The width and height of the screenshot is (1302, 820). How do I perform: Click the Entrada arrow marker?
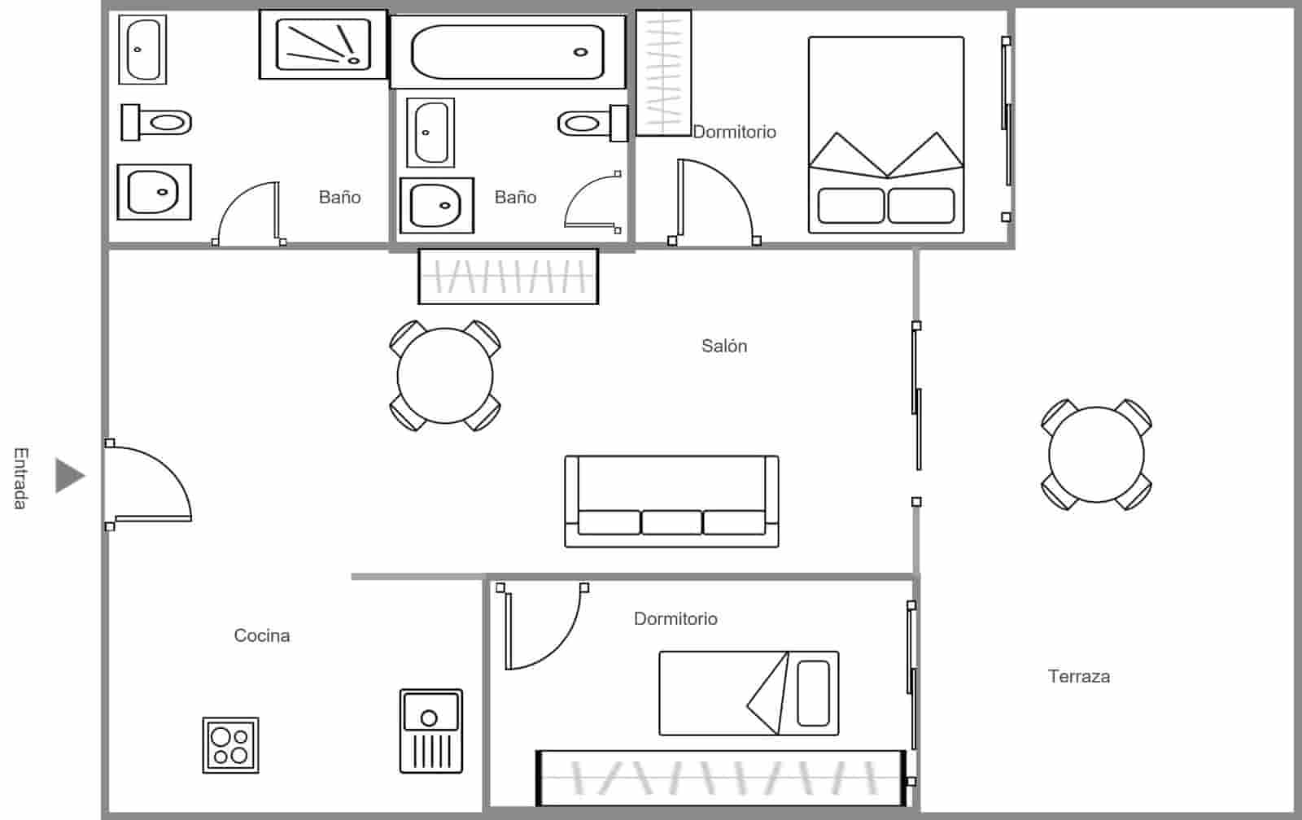click(69, 475)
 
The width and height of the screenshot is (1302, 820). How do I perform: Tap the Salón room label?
click(723, 346)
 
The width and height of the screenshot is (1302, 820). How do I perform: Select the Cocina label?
click(261, 635)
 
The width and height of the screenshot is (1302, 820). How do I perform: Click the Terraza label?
click(1078, 676)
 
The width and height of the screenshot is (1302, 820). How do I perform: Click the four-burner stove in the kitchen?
click(230, 745)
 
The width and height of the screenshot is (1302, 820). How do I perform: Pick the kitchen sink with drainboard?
click(430, 731)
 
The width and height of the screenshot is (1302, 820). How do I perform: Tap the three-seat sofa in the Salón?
click(671, 501)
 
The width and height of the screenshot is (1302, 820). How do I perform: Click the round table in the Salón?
click(445, 376)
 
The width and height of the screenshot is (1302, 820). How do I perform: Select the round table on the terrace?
click(1096, 455)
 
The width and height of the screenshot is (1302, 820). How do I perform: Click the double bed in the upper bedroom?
click(885, 135)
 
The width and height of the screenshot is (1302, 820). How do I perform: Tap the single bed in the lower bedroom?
click(748, 693)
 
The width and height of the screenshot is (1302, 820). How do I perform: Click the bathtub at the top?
click(508, 52)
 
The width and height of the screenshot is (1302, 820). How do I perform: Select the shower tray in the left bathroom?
click(323, 44)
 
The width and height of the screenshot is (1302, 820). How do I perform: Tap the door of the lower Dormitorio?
click(541, 626)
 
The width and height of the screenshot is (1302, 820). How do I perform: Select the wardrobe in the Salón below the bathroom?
click(508, 277)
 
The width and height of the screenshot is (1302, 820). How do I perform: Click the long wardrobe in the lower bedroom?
click(721, 778)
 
